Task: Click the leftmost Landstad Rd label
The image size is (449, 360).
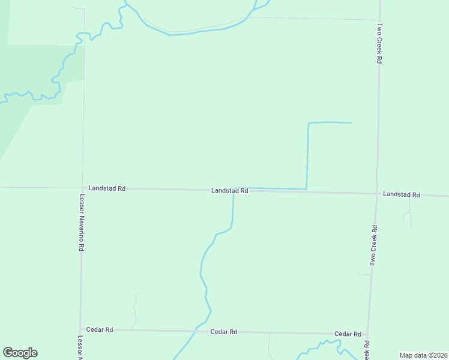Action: click(x=106, y=188)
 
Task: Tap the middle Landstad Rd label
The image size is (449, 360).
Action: click(x=229, y=191)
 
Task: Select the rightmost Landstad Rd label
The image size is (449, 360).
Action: click(x=401, y=194)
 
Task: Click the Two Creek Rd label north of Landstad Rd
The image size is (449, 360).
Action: click(x=379, y=44)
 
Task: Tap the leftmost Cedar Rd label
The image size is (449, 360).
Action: click(x=100, y=329)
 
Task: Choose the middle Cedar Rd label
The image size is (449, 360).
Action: click(x=224, y=332)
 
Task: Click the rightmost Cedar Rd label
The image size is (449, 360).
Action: click(x=348, y=334)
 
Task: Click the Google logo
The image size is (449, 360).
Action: click(x=20, y=353)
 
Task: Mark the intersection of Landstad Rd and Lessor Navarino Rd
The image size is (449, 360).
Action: click(x=83, y=188)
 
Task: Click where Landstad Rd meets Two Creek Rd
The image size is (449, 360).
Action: click(x=376, y=193)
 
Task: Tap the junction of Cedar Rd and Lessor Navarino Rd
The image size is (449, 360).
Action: click(x=80, y=329)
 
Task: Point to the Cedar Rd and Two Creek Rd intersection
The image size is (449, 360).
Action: click(x=368, y=334)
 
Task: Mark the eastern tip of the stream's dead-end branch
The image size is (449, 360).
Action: click(x=351, y=123)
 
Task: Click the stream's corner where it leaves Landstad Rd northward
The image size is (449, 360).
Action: click(x=307, y=190)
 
